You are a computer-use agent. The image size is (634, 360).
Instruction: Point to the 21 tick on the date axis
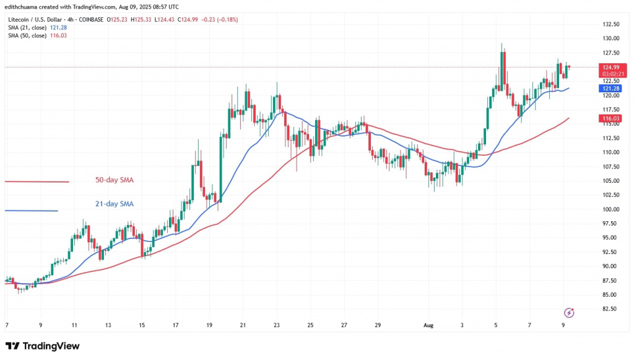(x=243, y=325)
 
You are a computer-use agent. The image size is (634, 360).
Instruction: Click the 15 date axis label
(x=142, y=325)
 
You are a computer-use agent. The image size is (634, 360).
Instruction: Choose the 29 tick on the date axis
(x=378, y=325)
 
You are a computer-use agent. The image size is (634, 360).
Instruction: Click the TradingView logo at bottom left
(x=42, y=346)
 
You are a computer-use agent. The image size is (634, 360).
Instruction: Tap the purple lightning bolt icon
(x=569, y=312)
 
